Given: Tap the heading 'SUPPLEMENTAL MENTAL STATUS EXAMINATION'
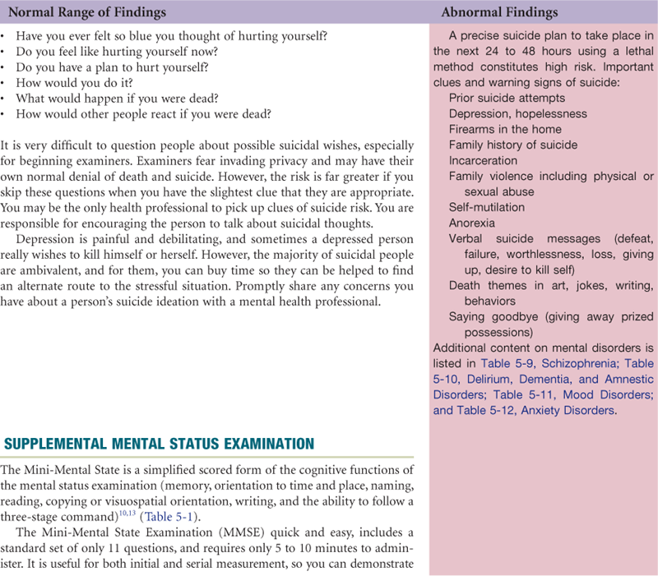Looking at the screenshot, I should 160,445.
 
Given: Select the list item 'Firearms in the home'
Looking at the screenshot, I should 505,129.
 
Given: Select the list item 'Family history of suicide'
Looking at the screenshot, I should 513,145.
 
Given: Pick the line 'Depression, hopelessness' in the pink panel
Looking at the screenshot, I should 517,113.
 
